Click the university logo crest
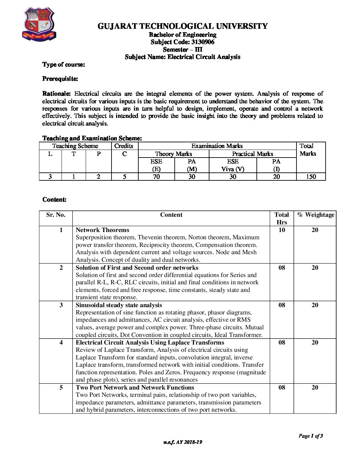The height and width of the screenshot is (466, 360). pyautogui.click(x=39, y=24)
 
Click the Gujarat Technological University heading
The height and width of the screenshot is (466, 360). pyautogui.click(x=182, y=26)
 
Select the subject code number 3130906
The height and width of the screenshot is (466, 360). pyautogui.click(x=203, y=42)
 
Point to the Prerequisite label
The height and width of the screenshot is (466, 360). pyautogui.click(x=60, y=79)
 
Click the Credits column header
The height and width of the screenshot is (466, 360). pyautogui.click(x=124, y=146)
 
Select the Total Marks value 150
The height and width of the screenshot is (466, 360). pyautogui.click(x=311, y=177)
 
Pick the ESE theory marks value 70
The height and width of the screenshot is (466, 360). pyautogui.click(x=156, y=177)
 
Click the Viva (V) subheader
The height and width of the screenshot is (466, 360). pyautogui.click(x=233, y=169)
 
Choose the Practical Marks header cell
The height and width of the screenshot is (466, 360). pyautogui.click(x=252, y=154)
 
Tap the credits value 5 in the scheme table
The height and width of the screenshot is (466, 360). pyautogui.click(x=124, y=177)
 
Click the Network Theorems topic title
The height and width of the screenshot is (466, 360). pyautogui.click(x=102, y=230)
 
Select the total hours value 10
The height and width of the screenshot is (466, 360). pyautogui.click(x=282, y=230)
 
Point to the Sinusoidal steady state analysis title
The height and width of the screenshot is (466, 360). pyautogui.click(x=119, y=305)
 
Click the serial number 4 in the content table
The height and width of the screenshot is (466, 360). pyautogui.click(x=61, y=343)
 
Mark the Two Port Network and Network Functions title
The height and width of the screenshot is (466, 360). pyautogui.click(x=135, y=388)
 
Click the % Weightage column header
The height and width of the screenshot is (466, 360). pyautogui.click(x=315, y=215)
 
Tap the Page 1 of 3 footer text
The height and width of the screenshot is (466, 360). pyautogui.click(x=310, y=436)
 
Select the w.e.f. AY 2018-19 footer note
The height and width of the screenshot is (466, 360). pyautogui.click(x=182, y=442)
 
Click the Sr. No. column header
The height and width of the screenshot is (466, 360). pyautogui.click(x=56, y=215)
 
